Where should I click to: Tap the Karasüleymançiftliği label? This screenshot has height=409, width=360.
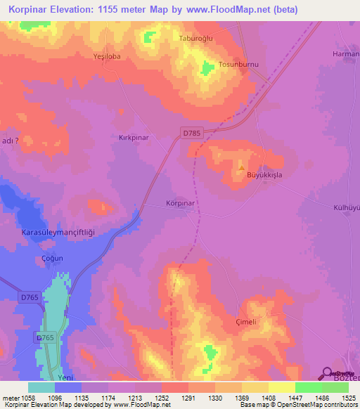click(x=57, y=233)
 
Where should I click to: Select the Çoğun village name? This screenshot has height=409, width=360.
click(x=51, y=258)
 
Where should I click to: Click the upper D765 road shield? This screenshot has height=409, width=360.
click(x=28, y=298)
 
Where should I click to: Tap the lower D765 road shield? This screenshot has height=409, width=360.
click(x=45, y=339)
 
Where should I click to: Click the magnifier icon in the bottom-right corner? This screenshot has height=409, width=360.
click(x=326, y=374)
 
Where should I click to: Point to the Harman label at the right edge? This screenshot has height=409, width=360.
click(x=345, y=54)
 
